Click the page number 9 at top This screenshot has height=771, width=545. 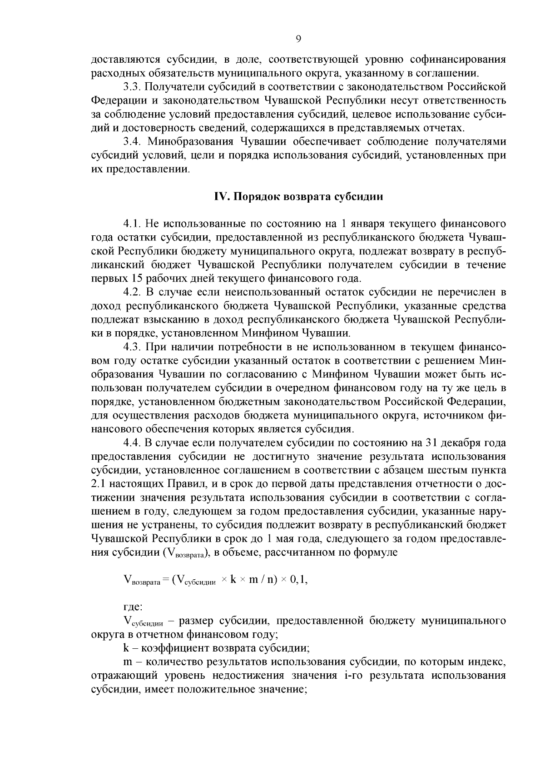click(x=298, y=39)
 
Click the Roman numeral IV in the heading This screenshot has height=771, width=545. click(x=220, y=197)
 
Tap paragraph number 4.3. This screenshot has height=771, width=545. click(x=131, y=347)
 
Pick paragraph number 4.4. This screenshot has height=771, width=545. click(x=131, y=443)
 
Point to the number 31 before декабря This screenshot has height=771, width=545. click(x=431, y=443)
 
